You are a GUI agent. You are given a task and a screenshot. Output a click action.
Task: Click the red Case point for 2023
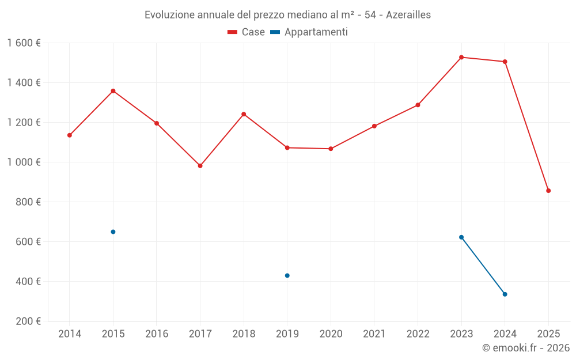(461, 57)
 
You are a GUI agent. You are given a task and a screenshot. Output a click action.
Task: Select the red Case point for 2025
(548, 191)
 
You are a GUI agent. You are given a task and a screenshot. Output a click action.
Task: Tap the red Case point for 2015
(113, 91)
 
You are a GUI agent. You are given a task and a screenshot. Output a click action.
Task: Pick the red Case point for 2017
(200, 166)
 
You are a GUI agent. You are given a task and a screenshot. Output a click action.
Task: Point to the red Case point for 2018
(244, 114)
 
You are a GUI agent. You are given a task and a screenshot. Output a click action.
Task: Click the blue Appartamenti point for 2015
(113, 232)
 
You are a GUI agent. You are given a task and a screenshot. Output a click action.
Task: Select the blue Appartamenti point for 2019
(287, 275)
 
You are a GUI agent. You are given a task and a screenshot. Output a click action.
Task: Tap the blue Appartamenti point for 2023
(461, 237)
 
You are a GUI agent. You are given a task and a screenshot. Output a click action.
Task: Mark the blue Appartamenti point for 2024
(505, 294)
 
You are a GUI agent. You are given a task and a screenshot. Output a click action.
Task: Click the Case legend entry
(247, 32)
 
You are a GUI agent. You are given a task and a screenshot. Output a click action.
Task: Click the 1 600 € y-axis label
(24, 43)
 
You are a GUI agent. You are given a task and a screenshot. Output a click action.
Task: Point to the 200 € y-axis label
(27, 321)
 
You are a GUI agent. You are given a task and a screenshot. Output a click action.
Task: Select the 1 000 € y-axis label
(24, 162)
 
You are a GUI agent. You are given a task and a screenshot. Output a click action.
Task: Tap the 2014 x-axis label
(70, 334)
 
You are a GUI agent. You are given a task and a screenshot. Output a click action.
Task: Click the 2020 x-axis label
(331, 334)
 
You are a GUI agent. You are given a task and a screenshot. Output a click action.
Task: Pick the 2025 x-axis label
(548, 334)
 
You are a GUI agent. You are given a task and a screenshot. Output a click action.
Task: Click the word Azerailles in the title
(408, 15)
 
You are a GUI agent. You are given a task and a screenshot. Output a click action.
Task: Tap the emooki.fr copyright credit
(526, 348)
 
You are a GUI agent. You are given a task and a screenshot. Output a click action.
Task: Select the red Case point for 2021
(374, 126)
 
